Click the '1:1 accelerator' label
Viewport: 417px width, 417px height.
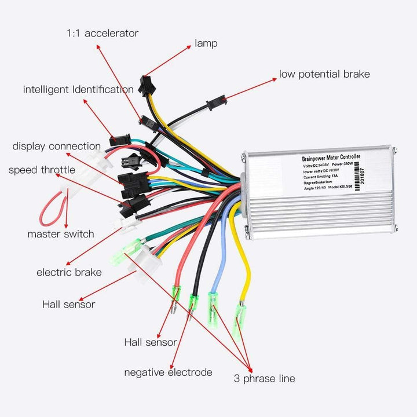[x=102, y=33]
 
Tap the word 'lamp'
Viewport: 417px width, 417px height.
[x=206, y=43]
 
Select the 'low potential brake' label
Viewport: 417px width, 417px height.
[x=324, y=74]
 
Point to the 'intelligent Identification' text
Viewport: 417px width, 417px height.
[x=78, y=90]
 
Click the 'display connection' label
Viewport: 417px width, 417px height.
[x=57, y=147]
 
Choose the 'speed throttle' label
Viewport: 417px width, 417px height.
[x=42, y=170]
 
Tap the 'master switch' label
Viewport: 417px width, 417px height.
[x=60, y=234]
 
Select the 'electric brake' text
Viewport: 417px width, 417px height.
[x=69, y=272]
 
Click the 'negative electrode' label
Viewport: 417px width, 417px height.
[x=168, y=372]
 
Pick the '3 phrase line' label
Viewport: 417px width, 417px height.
[x=264, y=379]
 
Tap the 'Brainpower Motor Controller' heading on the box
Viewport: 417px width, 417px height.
[x=331, y=157]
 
